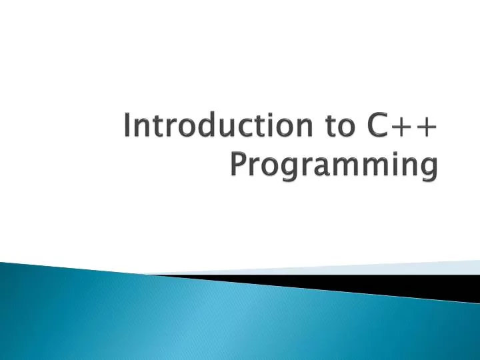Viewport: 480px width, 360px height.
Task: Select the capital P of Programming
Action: click(237, 163)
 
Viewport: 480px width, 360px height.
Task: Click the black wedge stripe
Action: click(373, 283)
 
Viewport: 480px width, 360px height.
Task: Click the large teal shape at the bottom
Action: click(200, 320)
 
